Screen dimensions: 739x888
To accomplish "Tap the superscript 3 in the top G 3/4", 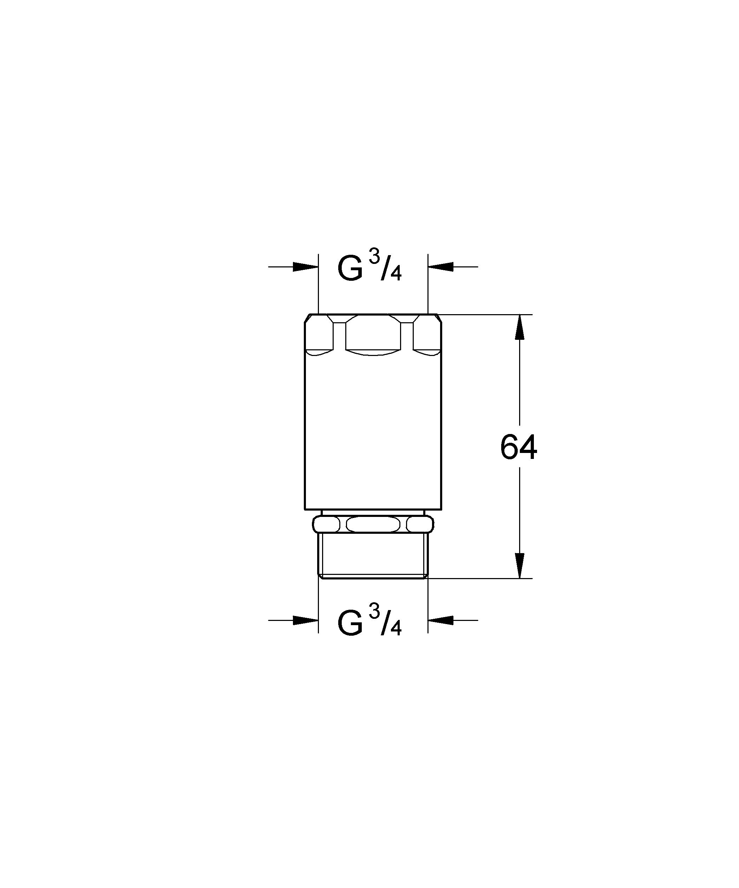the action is tap(374, 258).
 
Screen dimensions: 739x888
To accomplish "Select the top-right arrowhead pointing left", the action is tap(440, 267).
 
